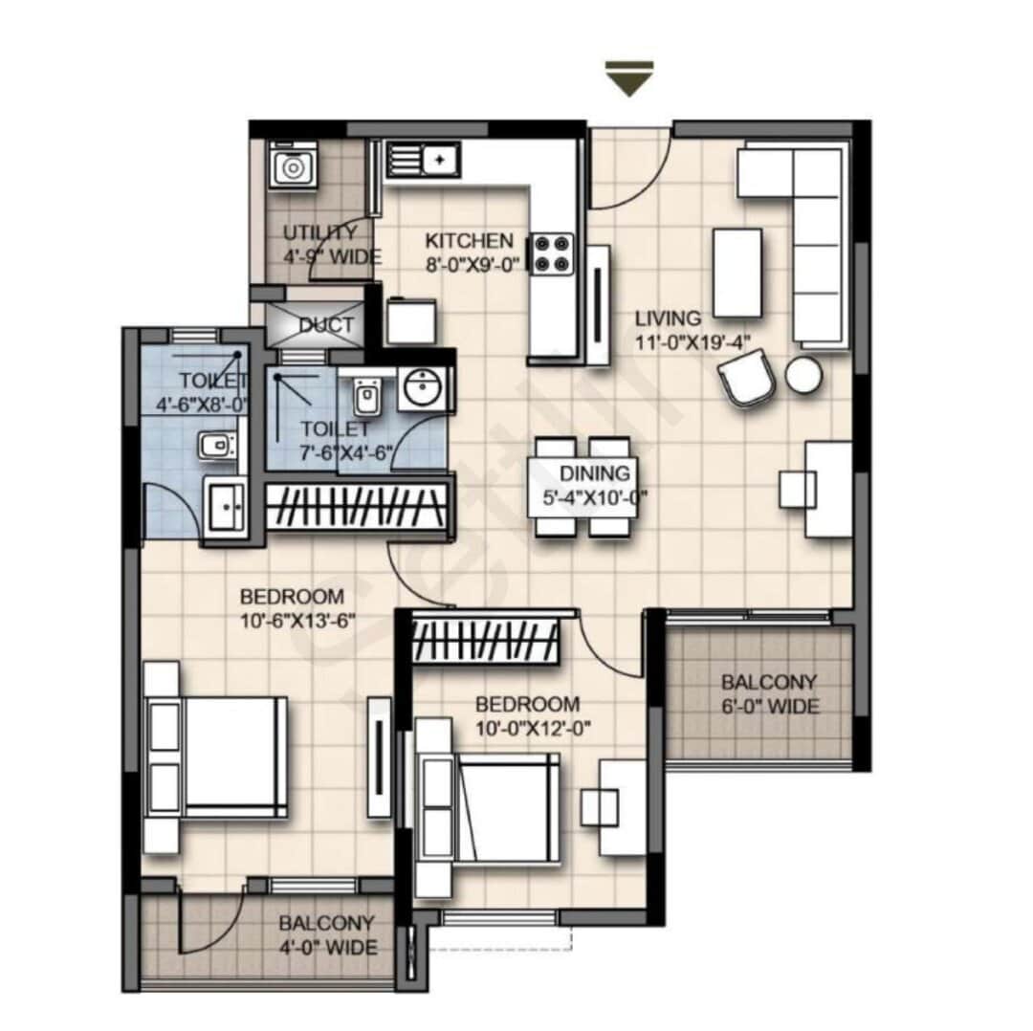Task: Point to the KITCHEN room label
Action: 469,241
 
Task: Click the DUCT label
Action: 325,325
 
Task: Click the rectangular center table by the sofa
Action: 737,273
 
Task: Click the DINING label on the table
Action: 595,473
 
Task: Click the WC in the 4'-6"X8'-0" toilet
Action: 214,446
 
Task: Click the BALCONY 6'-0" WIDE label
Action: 769,694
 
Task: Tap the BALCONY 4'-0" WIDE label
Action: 327,935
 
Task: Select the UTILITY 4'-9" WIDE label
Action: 331,245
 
